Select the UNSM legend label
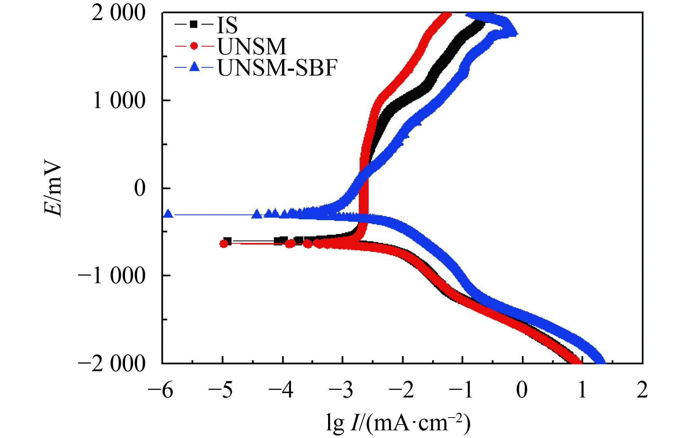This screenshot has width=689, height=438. pyautogui.click(x=252, y=46)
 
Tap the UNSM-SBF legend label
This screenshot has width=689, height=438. pyautogui.click(x=277, y=68)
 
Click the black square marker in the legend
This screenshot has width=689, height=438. pyautogui.click(x=194, y=24)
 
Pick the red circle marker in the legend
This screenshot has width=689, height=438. pyautogui.click(x=194, y=46)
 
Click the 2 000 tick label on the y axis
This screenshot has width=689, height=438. pyautogui.click(x=118, y=14)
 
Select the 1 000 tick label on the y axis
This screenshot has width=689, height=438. pyautogui.click(x=118, y=101)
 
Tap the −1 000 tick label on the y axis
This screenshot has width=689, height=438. pyautogui.click(x=112, y=276)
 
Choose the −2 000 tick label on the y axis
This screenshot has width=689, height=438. pyautogui.click(x=112, y=364)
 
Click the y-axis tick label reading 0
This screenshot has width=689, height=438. pyautogui.click(x=140, y=188)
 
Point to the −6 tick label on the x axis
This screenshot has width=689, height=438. pyautogui.click(x=160, y=391)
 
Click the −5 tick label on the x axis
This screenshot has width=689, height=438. pyautogui.click(x=221, y=391)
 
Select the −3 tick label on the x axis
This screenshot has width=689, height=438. pyautogui.click(x=341, y=391)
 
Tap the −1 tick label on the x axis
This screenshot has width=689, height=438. pyautogui.click(x=461, y=391)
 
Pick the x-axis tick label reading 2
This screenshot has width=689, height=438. pyautogui.click(x=642, y=391)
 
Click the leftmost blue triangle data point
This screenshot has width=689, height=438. pyautogui.click(x=168, y=214)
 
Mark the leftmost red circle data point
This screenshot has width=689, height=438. pyautogui.click(x=224, y=244)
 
